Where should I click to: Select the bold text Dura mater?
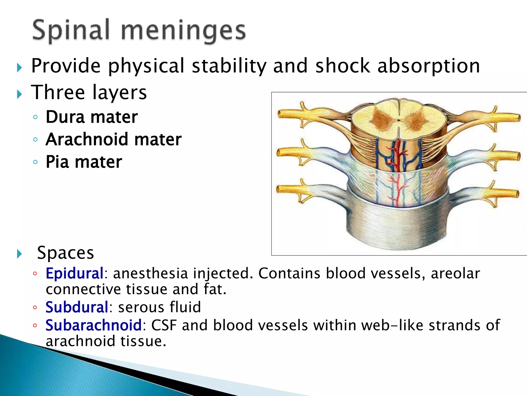92,117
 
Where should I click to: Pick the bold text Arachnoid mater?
113,139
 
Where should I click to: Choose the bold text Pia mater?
84,162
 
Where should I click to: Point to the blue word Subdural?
77,307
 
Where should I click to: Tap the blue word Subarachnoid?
93,325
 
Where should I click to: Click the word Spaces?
65,253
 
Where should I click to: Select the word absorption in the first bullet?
428,66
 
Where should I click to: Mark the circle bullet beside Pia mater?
36,162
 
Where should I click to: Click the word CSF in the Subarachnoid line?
164,325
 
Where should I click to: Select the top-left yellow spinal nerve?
293,114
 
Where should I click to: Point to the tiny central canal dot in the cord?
399,120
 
